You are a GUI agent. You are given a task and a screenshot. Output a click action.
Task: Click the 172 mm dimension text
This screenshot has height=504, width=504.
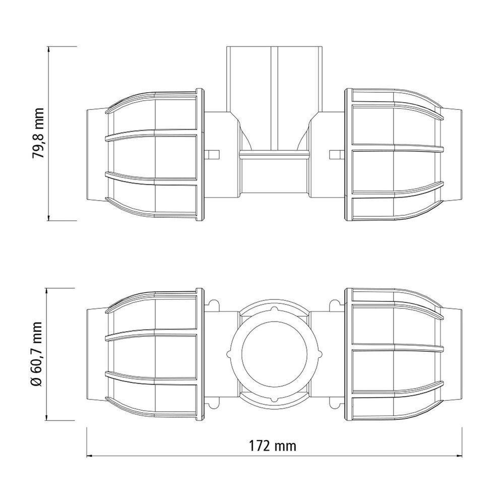pos(273,446)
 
